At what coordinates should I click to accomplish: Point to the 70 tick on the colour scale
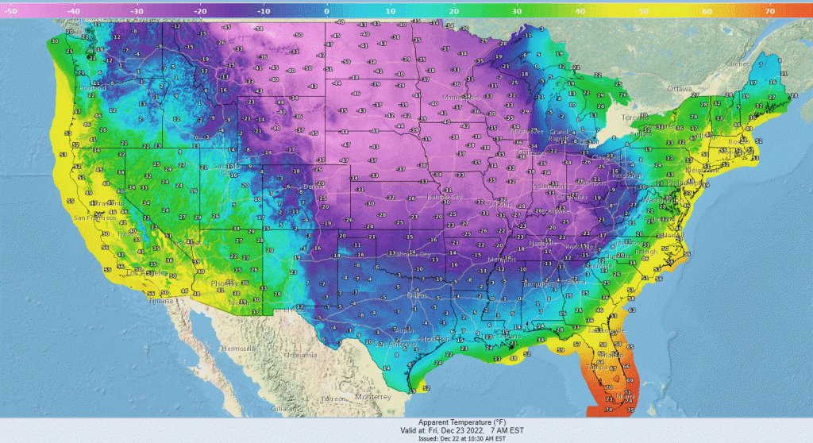(x=769, y=12)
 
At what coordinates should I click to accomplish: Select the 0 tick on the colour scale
(x=326, y=12)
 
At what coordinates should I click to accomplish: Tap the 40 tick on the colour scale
(x=579, y=12)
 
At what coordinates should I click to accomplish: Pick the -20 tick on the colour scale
(x=198, y=12)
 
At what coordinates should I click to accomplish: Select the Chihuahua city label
(x=302, y=355)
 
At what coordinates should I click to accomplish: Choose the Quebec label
(x=739, y=64)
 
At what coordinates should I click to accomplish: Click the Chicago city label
(x=524, y=152)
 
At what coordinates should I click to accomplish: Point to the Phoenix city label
(x=219, y=283)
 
